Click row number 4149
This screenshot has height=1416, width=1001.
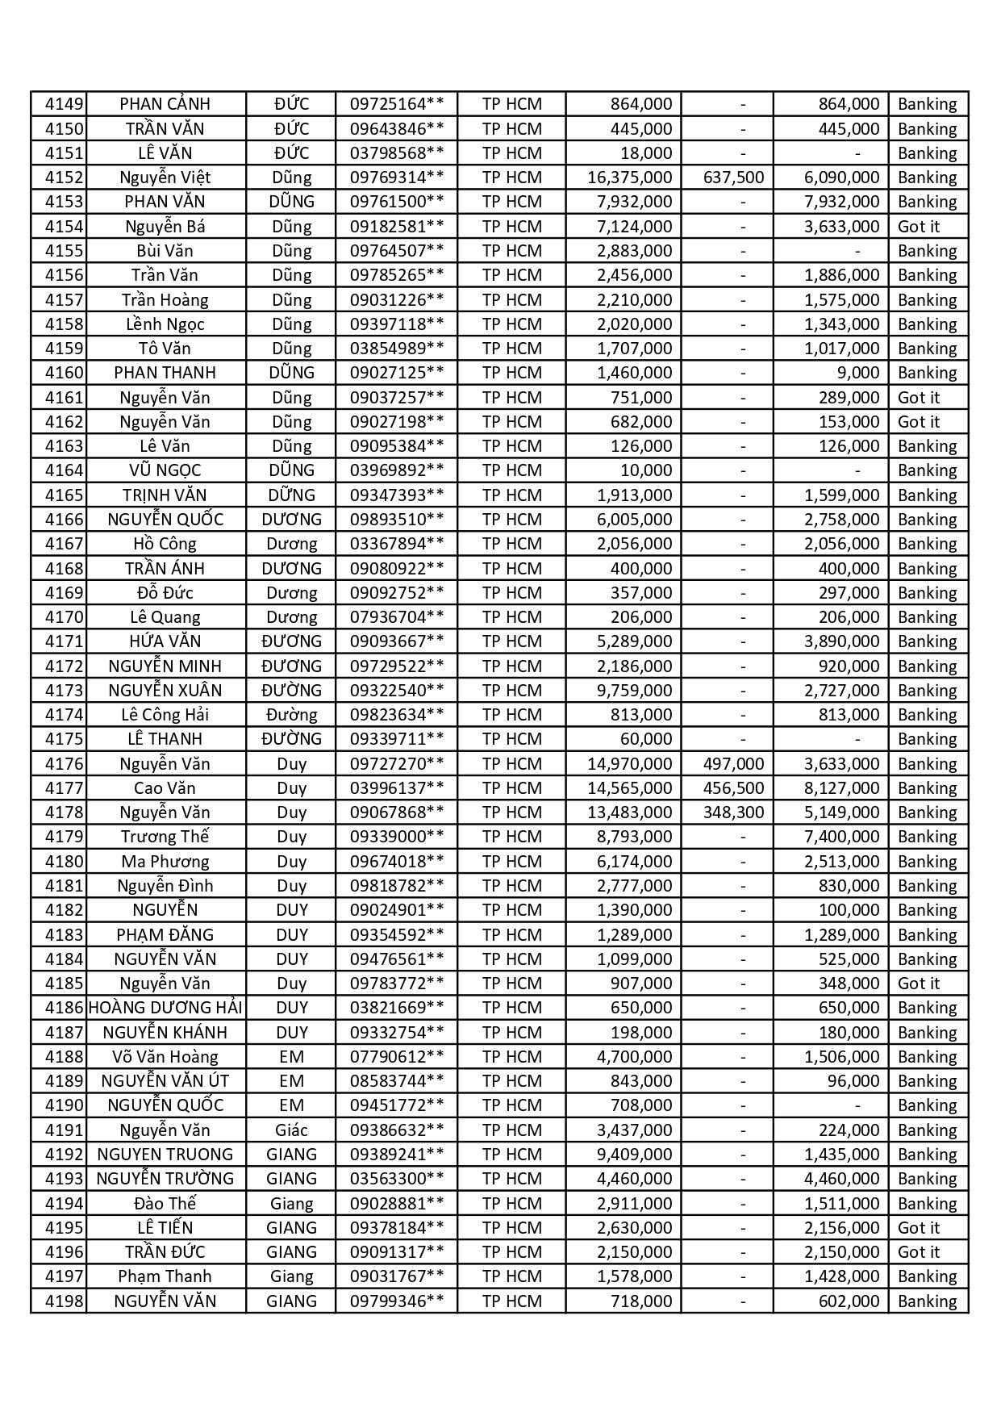(x=64, y=104)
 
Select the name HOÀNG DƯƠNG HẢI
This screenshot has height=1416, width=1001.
(x=165, y=1008)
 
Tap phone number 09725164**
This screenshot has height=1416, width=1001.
(x=396, y=104)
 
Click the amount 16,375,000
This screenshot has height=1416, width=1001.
(x=629, y=178)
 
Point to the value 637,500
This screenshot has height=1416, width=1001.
(x=733, y=178)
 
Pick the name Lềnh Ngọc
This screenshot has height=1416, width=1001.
(x=165, y=324)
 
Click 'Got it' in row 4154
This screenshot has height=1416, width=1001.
(x=919, y=227)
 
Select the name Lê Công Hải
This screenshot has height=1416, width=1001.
(x=165, y=715)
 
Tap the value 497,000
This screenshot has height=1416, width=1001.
(x=733, y=764)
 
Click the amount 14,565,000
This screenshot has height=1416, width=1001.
(x=629, y=788)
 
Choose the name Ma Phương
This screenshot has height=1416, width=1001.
(x=165, y=862)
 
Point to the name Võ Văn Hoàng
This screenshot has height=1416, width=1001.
(x=165, y=1057)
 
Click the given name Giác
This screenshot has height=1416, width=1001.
(x=291, y=1130)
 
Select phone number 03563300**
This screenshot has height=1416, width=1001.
(x=396, y=1179)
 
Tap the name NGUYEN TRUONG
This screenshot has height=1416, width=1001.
(x=165, y=1155)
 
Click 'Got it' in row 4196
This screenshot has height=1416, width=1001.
(x=919, y=1252)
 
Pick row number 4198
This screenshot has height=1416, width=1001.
(x=64, y=1301)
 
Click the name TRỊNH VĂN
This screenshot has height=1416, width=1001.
(x=165, y=495)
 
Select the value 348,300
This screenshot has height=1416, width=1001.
(x=733, y=812)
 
